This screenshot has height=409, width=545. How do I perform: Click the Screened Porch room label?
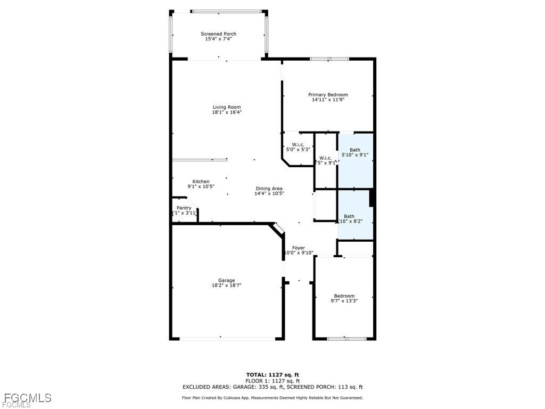click(x=218, y=34)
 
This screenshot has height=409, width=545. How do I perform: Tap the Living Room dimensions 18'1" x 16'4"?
click(x=227, y=112)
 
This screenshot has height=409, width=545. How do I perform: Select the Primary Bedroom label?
click(x=328, y=95)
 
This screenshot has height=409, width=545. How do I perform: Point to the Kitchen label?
click(x=201, y=182)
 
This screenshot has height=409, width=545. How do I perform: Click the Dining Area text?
click(x=269, y=189)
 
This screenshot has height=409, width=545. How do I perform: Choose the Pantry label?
click(x=184, y=208)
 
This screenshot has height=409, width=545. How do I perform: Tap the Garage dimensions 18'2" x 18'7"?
click(x=226, y=285)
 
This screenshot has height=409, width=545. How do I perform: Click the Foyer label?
click(x=299, y=248)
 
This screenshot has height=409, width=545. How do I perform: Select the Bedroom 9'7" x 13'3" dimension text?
click(x=344, y=301)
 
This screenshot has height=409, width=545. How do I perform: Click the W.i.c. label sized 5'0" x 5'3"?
click(x=298, y=145)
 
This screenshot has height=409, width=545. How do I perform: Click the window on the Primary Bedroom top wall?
click(x=329, y=59)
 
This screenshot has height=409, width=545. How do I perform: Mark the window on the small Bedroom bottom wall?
click(x=346, y=338)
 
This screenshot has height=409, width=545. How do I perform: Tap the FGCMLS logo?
click(x=26, y=398)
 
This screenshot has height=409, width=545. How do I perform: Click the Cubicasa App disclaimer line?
click(x=272, y=398)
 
